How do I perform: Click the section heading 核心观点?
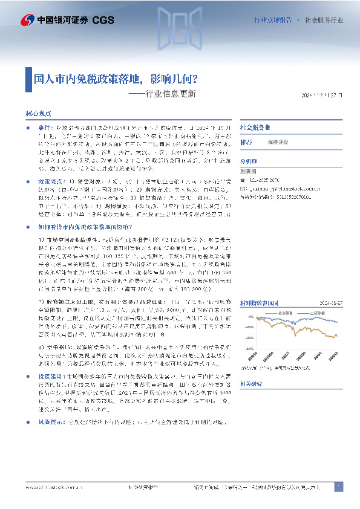tap(38, 114)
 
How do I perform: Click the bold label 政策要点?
tap(50, 181)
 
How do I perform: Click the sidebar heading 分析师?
tap(249, 161)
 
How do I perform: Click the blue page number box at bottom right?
tap(338, 487)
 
